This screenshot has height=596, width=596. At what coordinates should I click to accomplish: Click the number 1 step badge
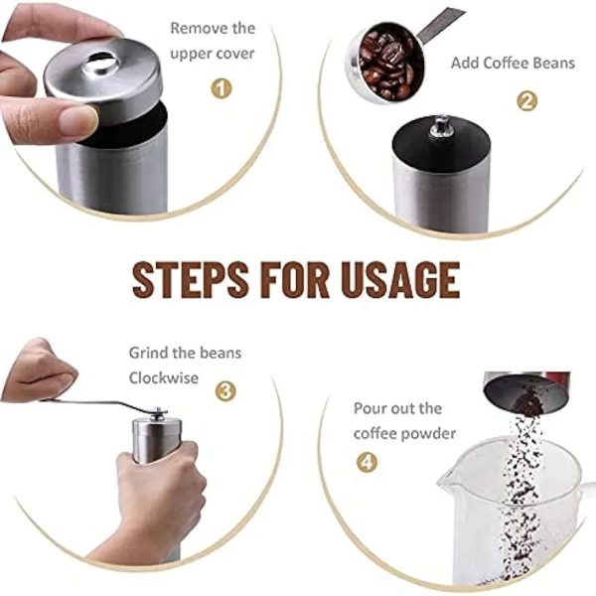[x=222, y=89]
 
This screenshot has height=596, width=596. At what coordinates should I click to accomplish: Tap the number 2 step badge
[x=526, y=101]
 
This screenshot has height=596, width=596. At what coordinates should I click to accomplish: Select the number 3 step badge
[x=225, y=391]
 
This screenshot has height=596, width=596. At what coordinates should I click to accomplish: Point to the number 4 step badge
[x=367, y=462]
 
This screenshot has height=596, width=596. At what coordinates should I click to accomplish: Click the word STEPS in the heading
[x=191, y=279]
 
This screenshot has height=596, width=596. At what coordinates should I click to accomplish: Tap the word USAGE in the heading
[x=400, y=279]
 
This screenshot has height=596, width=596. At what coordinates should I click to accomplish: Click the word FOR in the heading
[x=295, y=279]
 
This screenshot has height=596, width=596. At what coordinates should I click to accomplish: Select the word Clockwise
[x=164, y=377]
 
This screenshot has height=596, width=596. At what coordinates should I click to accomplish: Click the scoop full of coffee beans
[x=383, y=63]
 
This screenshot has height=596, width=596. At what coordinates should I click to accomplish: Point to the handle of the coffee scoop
[x=441, y=24]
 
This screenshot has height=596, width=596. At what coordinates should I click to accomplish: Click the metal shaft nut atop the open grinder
[x=441, y=126]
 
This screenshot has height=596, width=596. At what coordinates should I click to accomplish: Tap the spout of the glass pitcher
[x=445, y=480]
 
